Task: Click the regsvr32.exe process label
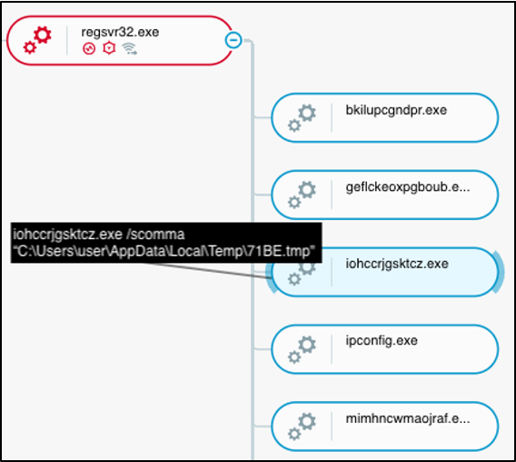120,33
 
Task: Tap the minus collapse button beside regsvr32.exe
233,40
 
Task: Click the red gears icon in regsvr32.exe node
37,40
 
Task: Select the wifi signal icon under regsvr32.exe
129,49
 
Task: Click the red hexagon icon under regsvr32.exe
109,48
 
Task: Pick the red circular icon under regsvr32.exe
89,49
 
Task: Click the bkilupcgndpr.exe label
396,110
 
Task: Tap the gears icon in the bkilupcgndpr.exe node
302,117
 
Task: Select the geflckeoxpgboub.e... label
408,187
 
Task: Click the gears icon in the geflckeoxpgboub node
302,195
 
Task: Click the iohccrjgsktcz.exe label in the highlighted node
397,264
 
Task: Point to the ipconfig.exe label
382,341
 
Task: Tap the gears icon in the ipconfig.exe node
302,349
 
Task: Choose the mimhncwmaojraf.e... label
408,418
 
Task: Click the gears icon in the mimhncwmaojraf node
302,427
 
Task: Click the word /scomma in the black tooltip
155,235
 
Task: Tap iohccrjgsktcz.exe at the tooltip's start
67,235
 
